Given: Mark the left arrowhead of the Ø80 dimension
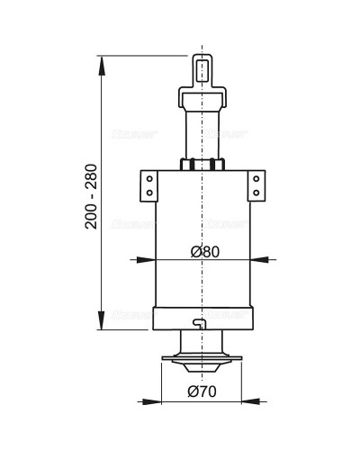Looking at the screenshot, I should point(150,260).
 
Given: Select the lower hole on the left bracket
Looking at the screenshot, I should point(148,192).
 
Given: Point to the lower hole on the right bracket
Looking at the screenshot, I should point(257,192).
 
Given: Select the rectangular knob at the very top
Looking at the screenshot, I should point(202,68).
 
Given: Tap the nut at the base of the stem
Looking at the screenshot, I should point(202,165).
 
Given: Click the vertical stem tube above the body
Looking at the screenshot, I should point(202,130).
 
